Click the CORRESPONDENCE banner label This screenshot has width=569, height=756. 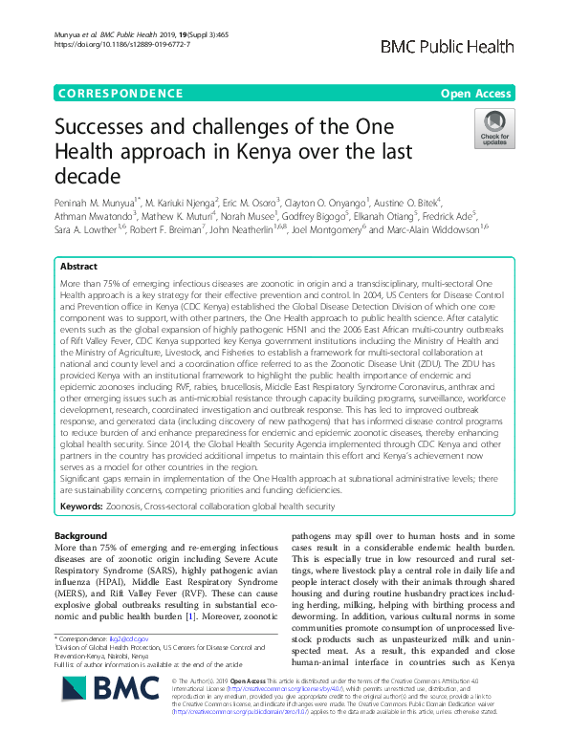click(x=119, y=93)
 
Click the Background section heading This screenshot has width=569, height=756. click(x=80, y=535)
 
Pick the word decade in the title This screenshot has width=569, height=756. click(x=87, y=177)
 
